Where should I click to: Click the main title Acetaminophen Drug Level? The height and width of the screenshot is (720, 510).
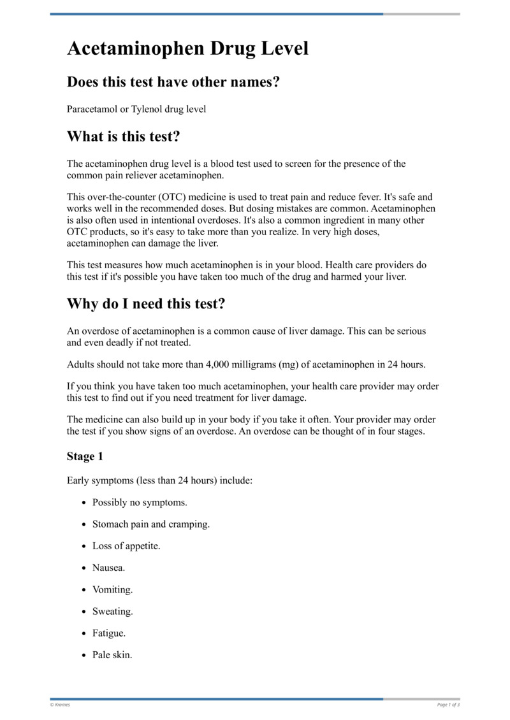[187, 48]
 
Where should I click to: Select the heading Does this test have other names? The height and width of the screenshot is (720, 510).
[173, 82]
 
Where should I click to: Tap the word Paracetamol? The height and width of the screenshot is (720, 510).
[92, 109]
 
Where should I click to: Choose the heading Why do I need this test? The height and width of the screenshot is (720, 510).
[146, 304]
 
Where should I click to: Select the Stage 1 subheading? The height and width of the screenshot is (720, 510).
[85, 456]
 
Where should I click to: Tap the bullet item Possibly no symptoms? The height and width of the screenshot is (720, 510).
[140, 502]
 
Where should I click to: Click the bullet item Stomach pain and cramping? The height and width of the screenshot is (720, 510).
[151, 524]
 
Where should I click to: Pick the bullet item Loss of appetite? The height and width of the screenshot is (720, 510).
[126, 546]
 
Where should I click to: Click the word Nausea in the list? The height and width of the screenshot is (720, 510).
[108, 568]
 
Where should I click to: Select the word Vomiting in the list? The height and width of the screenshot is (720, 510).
[112, 589]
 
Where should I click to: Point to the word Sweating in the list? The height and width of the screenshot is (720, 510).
[112, 611]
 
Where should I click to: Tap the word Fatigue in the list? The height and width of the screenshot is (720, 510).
[109, 633]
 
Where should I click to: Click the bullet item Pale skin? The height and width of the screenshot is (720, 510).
[112, 655]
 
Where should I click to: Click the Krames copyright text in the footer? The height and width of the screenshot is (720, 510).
[60, 704]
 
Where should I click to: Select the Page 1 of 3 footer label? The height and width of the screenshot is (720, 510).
[448, 704]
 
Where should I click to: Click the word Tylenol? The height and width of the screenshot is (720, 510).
[147, 109]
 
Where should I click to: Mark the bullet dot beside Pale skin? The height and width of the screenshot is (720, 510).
[84, 656]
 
